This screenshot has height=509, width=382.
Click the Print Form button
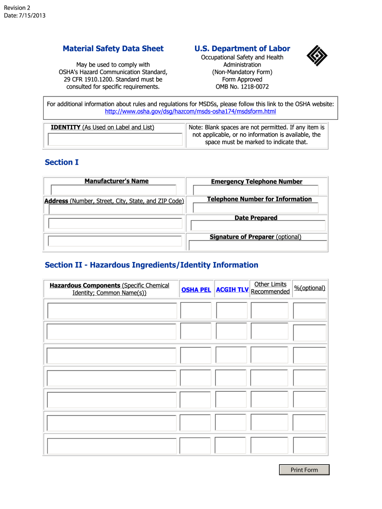pos(304,470)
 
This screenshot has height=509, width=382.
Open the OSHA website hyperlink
pos(191,111)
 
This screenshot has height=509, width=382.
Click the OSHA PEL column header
pos(196,289)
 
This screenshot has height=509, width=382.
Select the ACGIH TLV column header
pos(232,289)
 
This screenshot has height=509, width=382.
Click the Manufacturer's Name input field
pos(114,190)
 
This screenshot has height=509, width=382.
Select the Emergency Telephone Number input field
pos(255,190)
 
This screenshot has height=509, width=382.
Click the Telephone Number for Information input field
pos(255,208)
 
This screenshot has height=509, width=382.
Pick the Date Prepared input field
pos(258,226)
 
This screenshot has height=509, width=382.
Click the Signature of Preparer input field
pos(257,245)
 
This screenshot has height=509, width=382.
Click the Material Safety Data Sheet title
pos(113,49)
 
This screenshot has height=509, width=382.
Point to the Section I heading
pos(62,163)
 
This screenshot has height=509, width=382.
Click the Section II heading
pos(151,265)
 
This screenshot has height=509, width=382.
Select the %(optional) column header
pos(310,288)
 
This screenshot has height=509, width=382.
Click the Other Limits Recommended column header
pos(270,288)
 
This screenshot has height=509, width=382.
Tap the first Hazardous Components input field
pos(112,311)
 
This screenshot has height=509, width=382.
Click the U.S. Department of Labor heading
pos(242,49)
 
